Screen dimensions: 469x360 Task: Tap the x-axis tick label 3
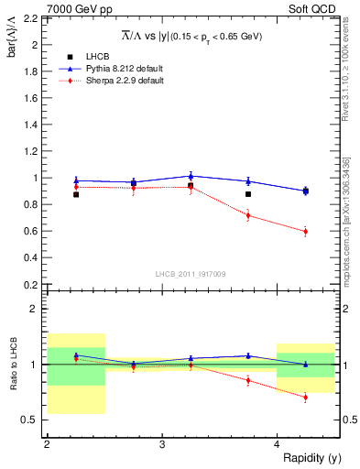pos(162,443)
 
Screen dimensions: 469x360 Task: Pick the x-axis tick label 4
pos(277,443)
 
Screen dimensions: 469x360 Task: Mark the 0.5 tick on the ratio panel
pos(34,420)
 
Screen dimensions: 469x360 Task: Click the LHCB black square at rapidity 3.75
pos(248,194)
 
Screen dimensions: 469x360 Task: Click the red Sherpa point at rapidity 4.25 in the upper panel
pos(306,231)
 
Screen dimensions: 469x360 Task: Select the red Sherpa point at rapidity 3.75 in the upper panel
pos(248,215)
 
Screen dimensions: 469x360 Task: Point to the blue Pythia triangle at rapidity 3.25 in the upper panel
pos(191,175)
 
